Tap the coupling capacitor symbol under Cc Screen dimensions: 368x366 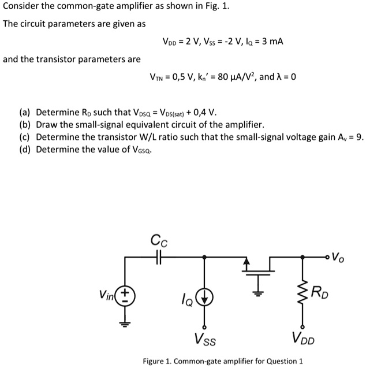click(x=159, y=259)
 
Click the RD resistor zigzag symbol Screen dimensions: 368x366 click(x=302, y=294)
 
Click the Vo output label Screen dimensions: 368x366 click(x=342, y=255)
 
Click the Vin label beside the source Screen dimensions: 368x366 click(x=107, y=294)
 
